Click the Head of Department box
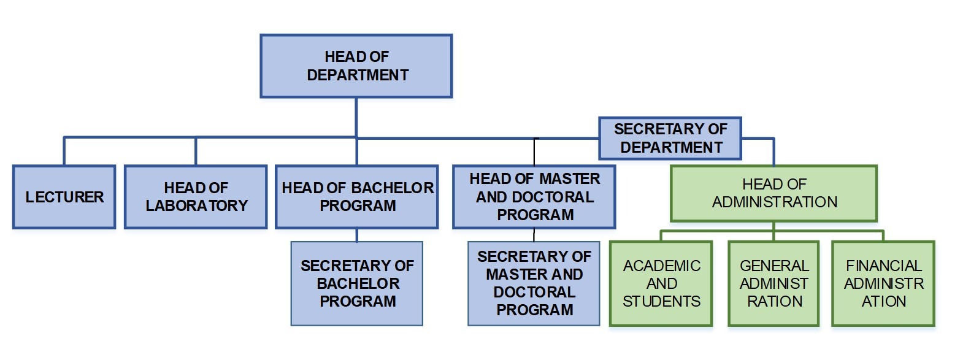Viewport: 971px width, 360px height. [x=356, y=66]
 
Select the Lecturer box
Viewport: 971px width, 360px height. [x=64, y=197]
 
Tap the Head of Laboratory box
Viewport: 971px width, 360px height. [x=196, y=197]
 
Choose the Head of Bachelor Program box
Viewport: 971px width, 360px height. [x=356, y=197]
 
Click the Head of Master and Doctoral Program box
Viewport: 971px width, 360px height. [x=534, y=197]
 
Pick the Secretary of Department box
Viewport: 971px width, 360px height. [x=670, y=138]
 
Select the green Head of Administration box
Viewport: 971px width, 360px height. [x=773, y=193]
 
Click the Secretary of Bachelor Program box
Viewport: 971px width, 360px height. [x=357, y=283]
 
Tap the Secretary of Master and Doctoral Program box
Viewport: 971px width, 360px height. [x=534, y=283]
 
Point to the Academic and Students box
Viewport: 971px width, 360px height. [x=661, y=283]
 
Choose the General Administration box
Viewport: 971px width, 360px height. [x=773, y=283]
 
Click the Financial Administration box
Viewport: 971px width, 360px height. [x=883, y=283]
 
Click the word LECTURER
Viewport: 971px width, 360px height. [x=64, y=197]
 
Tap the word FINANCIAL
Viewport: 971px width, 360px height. [x=883, y=266]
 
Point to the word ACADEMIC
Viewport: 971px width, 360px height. [x=661, y=266]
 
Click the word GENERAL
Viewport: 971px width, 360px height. [x=774, y=266]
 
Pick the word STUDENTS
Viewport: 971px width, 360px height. [x=661, y=301]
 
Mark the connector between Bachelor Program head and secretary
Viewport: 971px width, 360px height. [x=356, y=236]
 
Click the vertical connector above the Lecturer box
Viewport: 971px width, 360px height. [x=64, y=151]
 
